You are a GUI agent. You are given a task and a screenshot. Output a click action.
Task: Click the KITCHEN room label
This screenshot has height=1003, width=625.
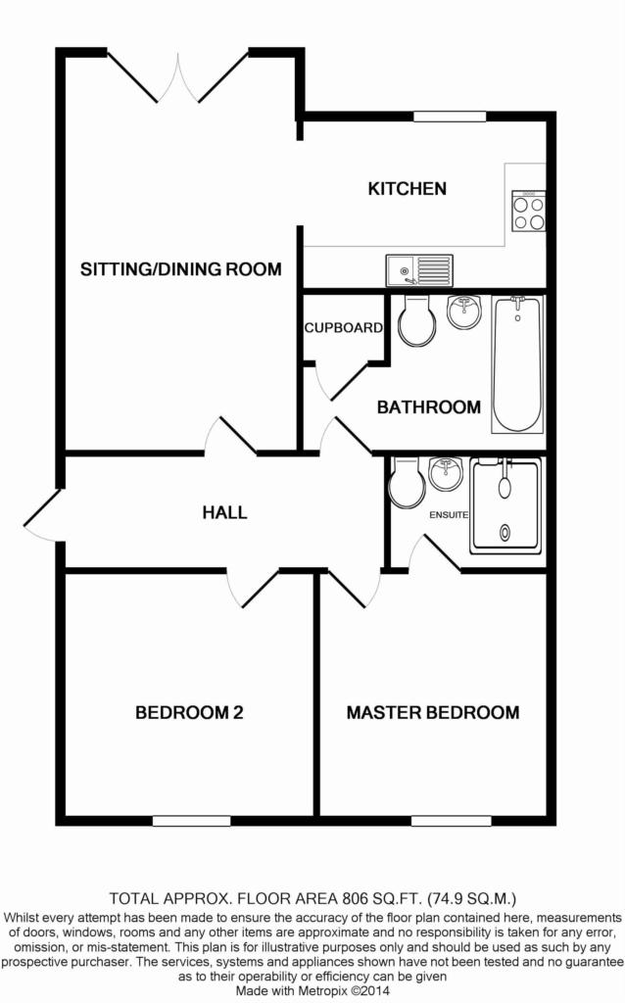tap(407, 188)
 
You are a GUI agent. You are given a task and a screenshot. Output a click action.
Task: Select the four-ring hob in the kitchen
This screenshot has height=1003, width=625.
tap(529, 211)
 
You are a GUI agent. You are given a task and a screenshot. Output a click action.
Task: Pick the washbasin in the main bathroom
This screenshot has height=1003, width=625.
tap(462, 312)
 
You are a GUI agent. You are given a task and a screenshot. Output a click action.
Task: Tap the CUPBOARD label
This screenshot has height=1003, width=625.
tap(343, 328)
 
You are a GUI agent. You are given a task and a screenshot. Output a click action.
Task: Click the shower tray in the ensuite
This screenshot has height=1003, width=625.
tap(505, 504)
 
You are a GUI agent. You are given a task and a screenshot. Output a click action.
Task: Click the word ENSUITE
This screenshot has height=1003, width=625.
tap(448, 514)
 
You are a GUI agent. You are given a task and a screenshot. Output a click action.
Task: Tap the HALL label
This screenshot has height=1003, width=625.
tap(224, 511)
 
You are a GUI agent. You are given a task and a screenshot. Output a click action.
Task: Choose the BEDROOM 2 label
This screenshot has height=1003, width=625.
tap(189, 713)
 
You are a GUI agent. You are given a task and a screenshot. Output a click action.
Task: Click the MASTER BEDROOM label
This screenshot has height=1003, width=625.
tap(432, 713)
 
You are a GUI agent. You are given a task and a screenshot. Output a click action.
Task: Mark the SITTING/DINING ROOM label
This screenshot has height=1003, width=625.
tap(181, 269)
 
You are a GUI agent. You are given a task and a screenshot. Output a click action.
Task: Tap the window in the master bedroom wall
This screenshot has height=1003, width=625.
tap(437, 820)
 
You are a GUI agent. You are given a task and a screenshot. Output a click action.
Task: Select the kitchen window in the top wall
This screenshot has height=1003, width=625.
tap(450, 117)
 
